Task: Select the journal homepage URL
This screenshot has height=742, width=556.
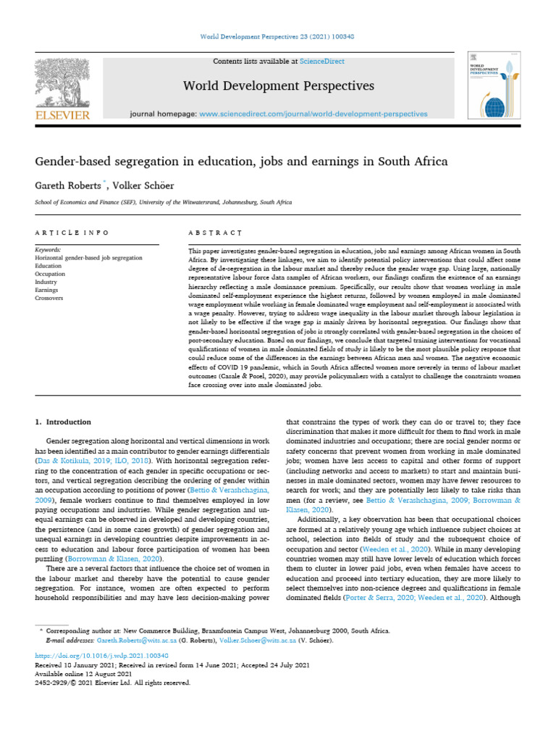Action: click(x=313, y=114)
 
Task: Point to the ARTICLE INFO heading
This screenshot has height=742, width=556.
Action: click(x=72, y=233)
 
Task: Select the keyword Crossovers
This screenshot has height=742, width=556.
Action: click(x=49, y=298)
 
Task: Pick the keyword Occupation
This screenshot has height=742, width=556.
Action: click(x=51, y=274)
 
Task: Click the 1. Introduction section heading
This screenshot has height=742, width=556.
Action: click(x=63, y=422)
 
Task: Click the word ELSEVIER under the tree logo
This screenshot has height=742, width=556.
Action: click(x=62, y=114)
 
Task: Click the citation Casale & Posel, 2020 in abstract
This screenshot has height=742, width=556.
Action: click(x=255, y=377)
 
